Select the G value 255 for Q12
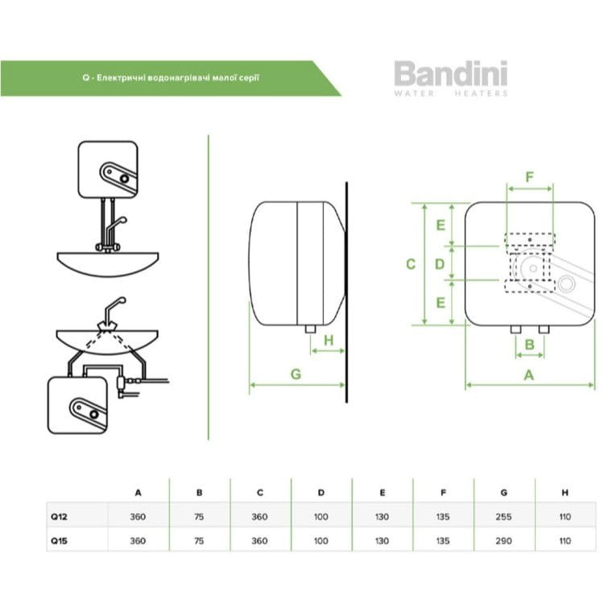pos(504,517)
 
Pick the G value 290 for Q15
pos(504,540)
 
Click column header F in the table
pos(443,492)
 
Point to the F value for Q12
pos(443,517)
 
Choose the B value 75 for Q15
pos(199,540)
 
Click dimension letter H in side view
pos(328,341)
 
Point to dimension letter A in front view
pos(528,374)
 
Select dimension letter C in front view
pos(411,264)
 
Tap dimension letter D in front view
pos(440,264)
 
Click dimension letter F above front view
pos(529,176)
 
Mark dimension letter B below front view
pos(529,345)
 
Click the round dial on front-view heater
pos(567,283)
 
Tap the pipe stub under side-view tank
pos(309,329)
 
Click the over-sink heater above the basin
pos(108,169)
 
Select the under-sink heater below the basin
pos(78,407)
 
